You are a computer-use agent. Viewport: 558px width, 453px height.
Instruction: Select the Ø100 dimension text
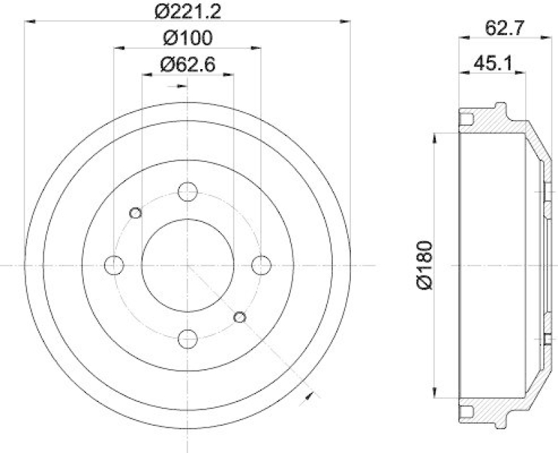(x=187, y=38)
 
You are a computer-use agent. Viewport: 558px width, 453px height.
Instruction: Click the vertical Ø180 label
(x=425, y=265)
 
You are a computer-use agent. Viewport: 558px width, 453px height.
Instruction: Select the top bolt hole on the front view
(x=187, y=192)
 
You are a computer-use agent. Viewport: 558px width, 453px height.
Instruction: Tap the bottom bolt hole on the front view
(x=187, y=339)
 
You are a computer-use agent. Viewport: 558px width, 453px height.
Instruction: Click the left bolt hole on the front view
(x=114, y=265)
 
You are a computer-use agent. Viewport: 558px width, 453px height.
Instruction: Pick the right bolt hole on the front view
(x=260, y=265)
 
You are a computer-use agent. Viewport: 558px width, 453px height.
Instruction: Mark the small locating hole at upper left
(x=136, y=213)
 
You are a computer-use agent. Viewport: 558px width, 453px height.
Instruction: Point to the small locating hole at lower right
(x=239, y=318)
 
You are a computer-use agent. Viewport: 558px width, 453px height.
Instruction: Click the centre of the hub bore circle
(x=187, y=265)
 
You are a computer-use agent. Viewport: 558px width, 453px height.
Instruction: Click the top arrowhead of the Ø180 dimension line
(x=436, y=134)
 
